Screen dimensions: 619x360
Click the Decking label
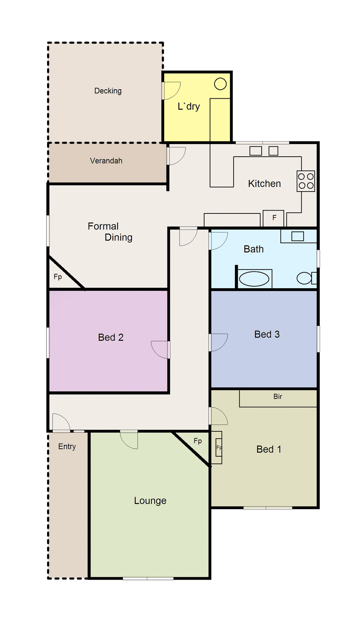pos(108,91)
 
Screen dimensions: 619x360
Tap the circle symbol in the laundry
pos(220,84)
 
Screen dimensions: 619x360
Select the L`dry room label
pos(189,106)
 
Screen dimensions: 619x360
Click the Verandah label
pos(106,161)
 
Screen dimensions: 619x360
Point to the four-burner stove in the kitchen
pos(305,181)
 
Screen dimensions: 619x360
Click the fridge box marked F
pos(274,218)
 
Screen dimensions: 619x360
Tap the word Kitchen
pos(264,183)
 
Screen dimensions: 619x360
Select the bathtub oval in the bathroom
pos(254,279)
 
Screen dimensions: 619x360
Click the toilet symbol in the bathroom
pos(305,278)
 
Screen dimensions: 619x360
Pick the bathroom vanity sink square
pos(297,236)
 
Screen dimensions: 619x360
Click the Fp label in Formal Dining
pos(58,277)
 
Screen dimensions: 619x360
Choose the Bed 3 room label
pos(267,334)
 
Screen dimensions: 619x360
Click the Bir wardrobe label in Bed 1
pos(277,397)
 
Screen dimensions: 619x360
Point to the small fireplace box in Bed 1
pos(219,447)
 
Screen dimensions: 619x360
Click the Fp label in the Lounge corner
pos(198,441)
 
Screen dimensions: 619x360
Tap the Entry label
pos(67,447)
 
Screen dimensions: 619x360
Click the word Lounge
pos(150,501)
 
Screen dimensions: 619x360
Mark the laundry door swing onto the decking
pos(172,90)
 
